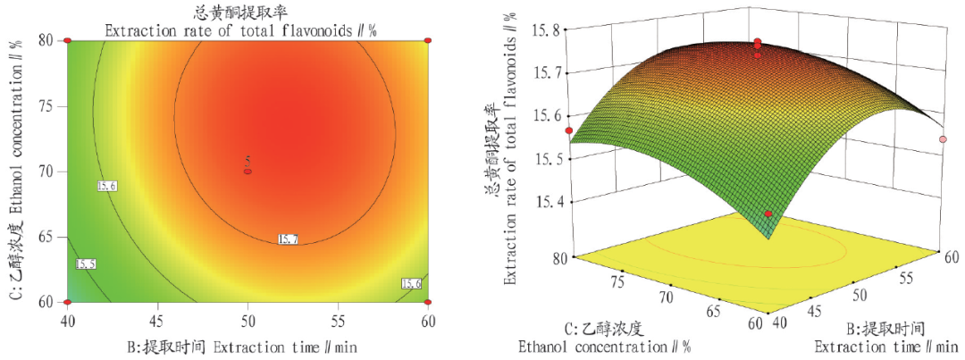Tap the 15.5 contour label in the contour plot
coord(86,265)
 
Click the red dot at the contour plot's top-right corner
coord(428,41)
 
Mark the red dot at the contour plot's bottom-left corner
coord(67,302)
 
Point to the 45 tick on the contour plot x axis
coord(157,319)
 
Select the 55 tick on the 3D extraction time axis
coord(904,279)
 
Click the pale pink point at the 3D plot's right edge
coord(944,139)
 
